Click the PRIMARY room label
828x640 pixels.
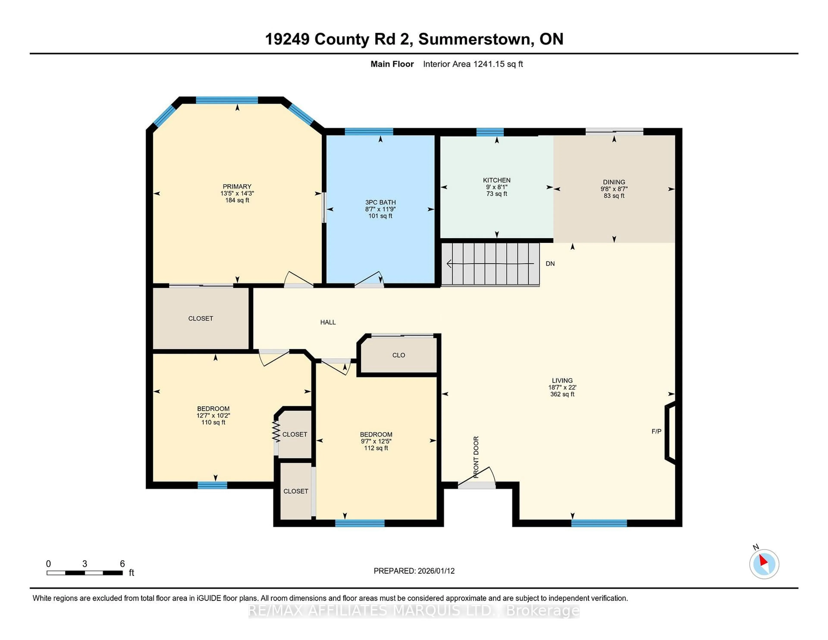pyautogui.click(x=237, y=187)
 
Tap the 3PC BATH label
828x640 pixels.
pyautogui.click(x=380, y=202)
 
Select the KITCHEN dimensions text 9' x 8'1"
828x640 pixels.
pyautogui.click(x=497, y=187)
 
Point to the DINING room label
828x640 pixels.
pyautogui.click(x=614, y=182)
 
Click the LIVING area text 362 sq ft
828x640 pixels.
pyautogui.click(x=562, y=394)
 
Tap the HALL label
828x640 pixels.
pyautogui.click(x=328, y=322)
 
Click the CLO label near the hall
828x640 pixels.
pyautogui.click(x=398, y=355)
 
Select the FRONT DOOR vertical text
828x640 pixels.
pyautogui.click(x=476, y=457)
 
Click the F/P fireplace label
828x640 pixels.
pyautogui.click(x=656, y=431)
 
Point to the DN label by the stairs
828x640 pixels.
pyautogui.click(x=550, y=264)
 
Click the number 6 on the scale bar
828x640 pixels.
pyautogui.click(x=122, y=564)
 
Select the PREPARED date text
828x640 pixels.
pyautogui.click(x=414, y=571)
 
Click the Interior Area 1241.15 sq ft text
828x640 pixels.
pyautogui.click(x=473, y=64)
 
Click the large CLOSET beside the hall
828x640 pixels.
pyautogui.click(x=201, y=318)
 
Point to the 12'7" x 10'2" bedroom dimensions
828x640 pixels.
pyautogui.click(x=213, y=416)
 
